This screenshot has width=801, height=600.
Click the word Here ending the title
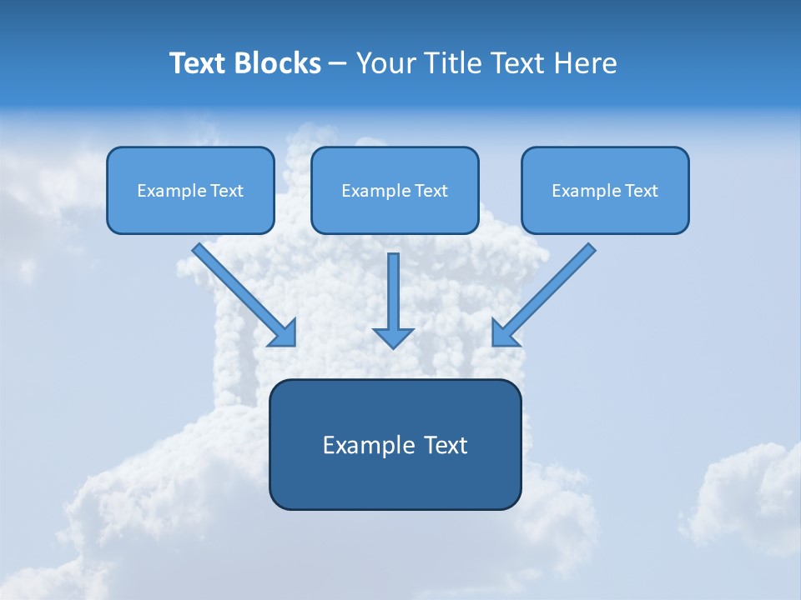point(586,63)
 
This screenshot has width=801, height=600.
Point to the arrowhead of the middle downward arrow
point(393,337)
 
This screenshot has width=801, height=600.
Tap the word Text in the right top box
point(641,191)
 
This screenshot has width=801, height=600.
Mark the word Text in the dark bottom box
point(446,445)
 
